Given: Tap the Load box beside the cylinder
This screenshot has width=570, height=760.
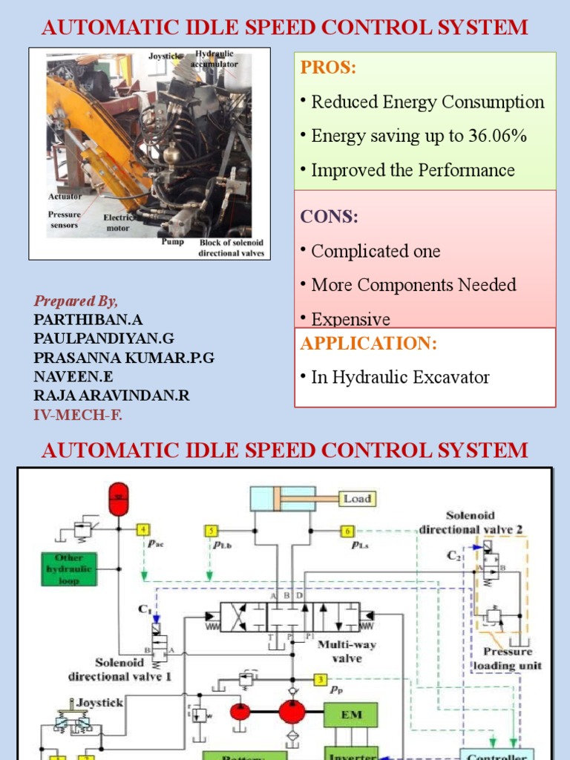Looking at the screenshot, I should pos(357,499).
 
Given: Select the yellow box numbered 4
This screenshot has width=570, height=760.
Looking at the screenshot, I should pos(143,530).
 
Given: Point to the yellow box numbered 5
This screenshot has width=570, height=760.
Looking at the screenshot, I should pos(212,531).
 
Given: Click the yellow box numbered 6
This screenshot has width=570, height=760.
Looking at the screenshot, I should pos(347,531).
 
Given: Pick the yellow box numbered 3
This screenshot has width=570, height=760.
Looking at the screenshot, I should pos(320,679).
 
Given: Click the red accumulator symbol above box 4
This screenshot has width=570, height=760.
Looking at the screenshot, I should pos(119,498).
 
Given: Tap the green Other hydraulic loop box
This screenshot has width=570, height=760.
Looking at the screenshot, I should pos(73,569).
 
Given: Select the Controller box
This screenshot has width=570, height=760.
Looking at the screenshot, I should pos(497,755).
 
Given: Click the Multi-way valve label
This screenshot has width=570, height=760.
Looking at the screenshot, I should pos(347,652).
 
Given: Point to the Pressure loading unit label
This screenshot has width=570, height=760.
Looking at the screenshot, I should pos(508,658).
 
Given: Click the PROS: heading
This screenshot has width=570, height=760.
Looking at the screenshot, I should pos(328,68).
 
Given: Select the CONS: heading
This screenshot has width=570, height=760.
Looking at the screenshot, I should pos(329,217).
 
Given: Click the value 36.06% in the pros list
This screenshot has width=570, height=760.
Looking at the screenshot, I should pos(498,136).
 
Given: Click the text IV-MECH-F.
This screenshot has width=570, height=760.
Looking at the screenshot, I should pos(78,415).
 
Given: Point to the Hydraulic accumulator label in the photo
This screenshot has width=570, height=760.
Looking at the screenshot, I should pos(214,59).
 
